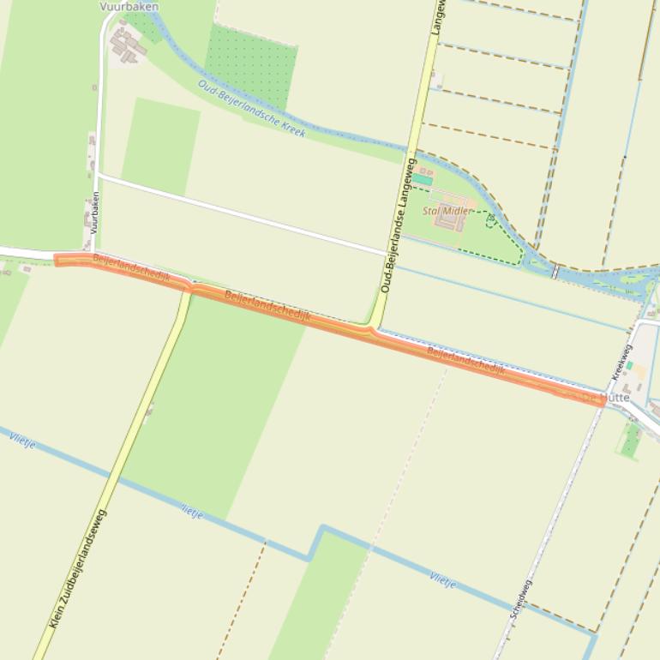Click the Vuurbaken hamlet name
[129, 6]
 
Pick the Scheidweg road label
[521, 599]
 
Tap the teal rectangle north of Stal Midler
[422, 181]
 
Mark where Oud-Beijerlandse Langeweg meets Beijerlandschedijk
[373, 328]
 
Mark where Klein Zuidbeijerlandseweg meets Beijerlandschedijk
[188, 288]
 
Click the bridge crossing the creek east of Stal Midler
[555, 271]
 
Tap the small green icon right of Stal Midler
[491, 220]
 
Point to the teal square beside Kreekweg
[630, 366]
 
